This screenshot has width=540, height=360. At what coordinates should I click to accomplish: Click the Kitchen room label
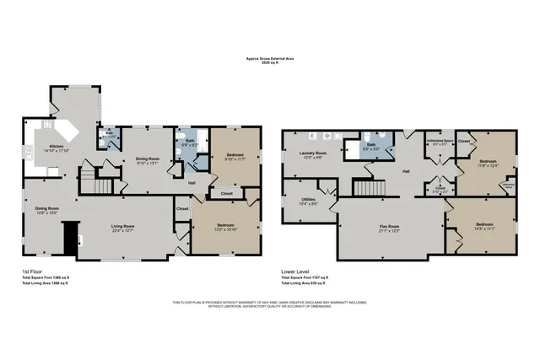(x=56, y=148)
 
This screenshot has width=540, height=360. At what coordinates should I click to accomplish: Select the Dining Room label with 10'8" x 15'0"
(x=46, y=209)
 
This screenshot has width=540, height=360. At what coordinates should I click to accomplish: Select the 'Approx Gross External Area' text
(x=270, y=58)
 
